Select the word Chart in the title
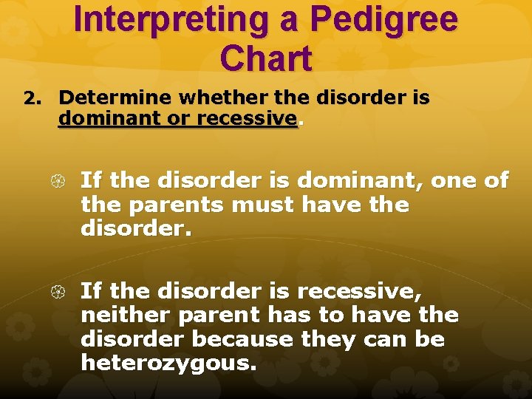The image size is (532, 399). point(265,58)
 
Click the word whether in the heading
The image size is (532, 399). point(214,98)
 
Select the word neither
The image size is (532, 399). point(123,316)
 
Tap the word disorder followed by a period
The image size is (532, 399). point(136,229)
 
